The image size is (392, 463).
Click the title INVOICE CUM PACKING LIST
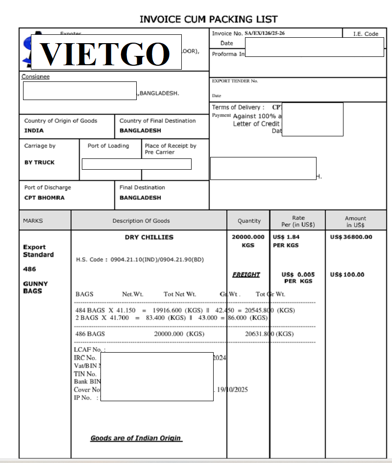[x=208, y=20]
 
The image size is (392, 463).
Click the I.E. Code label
[x=366, y=34]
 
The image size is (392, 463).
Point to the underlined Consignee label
[x=35, y=77]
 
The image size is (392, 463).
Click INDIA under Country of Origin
[x=34, y=130]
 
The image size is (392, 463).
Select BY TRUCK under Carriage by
[x=40, y=162]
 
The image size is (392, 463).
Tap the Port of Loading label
[x=108, y=146]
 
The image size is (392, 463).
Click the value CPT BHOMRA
[x=45, y=198]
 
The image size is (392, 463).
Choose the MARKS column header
[x=33, y=221]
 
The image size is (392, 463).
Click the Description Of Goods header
[x=141, y=221]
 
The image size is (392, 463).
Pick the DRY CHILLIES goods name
[x=149, y=237]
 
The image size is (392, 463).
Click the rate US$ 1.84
[x=286, y=237]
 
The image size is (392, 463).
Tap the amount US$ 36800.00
[x=351, y=237]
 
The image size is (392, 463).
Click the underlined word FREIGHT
[x=246, y=275]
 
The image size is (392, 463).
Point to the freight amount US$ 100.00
[x=347, y=275]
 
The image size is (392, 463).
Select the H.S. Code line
[x=140, y=259]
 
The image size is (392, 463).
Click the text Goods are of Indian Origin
[x=136, y=438]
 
